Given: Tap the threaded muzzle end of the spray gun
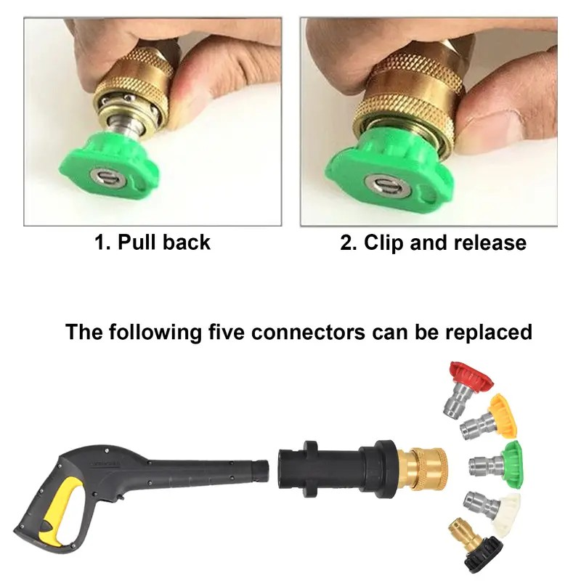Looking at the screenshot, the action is [259, 471].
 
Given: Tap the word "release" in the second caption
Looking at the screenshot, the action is [490, 243].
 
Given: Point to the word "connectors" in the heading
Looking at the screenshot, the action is [308, 333].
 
